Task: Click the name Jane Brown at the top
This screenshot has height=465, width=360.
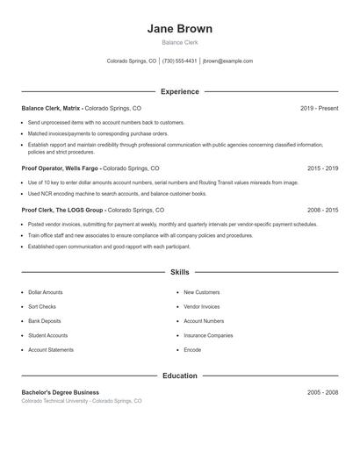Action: tap(179, 28)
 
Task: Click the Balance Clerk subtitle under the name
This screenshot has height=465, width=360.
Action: tap(179, 42)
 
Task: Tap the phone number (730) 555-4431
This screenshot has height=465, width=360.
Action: tap(179, 61)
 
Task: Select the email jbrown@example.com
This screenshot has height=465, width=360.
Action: tap(227, 61)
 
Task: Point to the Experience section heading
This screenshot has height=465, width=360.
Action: tap(179, 91)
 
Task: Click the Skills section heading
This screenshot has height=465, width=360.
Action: tap(179, 273)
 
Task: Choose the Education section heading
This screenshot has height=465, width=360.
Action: tap(179, 376)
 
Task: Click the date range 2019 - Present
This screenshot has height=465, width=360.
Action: tap(319, 108)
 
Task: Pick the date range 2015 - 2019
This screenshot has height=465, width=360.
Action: tap(322, 168)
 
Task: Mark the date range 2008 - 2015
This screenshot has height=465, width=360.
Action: tap(322, 211)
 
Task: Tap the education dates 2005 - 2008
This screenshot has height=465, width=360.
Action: tap(322, 392)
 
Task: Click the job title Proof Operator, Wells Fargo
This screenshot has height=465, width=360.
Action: tap(61, 168)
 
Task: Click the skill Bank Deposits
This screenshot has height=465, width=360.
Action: tap(46, 321)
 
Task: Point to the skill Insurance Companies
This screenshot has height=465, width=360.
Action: tap(208, 335)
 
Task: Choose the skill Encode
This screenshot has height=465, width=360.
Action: tap(192, 350)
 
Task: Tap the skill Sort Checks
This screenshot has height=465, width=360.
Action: tap(42, 306)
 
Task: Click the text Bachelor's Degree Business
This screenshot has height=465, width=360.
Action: tap(61, 392)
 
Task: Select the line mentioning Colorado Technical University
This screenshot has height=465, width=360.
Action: tap(82, 401)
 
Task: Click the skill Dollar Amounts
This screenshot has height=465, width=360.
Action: tap(46, 292)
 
